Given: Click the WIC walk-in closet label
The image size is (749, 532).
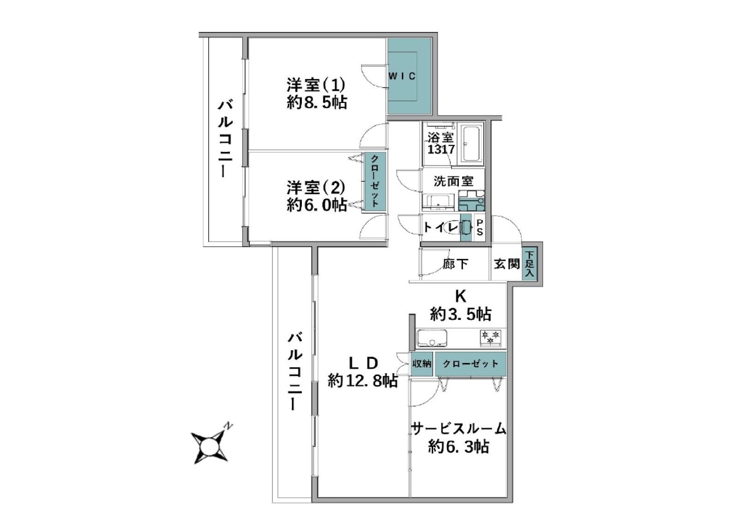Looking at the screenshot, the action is coord(402,76).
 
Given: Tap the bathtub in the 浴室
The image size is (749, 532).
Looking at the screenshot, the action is coord(472,144).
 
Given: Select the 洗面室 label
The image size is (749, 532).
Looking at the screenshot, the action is coord(453,181).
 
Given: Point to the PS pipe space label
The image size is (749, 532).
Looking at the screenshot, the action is coord(480,227).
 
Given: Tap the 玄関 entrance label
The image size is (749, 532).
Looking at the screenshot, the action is coord(507,264).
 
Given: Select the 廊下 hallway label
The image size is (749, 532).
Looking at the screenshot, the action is coord(456,264).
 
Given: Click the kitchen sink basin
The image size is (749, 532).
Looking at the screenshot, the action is coord(432,338).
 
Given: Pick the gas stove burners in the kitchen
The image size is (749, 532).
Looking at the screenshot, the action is coord(490,337).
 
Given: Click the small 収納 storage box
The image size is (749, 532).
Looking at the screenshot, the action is coord(422,364).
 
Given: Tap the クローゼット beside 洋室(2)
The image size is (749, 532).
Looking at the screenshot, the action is coord(375,182).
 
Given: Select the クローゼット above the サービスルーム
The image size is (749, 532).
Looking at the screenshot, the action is coord(470,364).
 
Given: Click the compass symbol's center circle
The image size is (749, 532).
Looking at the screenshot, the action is coord(209,447).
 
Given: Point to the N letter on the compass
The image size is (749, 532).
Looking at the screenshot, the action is coord(228,426).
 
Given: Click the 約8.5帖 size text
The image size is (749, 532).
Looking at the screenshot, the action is coord(317,102).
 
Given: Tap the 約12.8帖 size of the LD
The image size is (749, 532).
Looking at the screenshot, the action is coord(363,381).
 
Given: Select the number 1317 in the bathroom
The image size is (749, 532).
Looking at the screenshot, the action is coord(441,150).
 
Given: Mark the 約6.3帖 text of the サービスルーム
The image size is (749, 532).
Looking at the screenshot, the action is coord(459,447).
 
